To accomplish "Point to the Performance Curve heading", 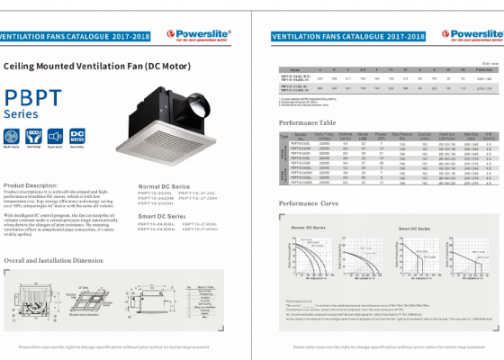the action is [309, 204].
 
